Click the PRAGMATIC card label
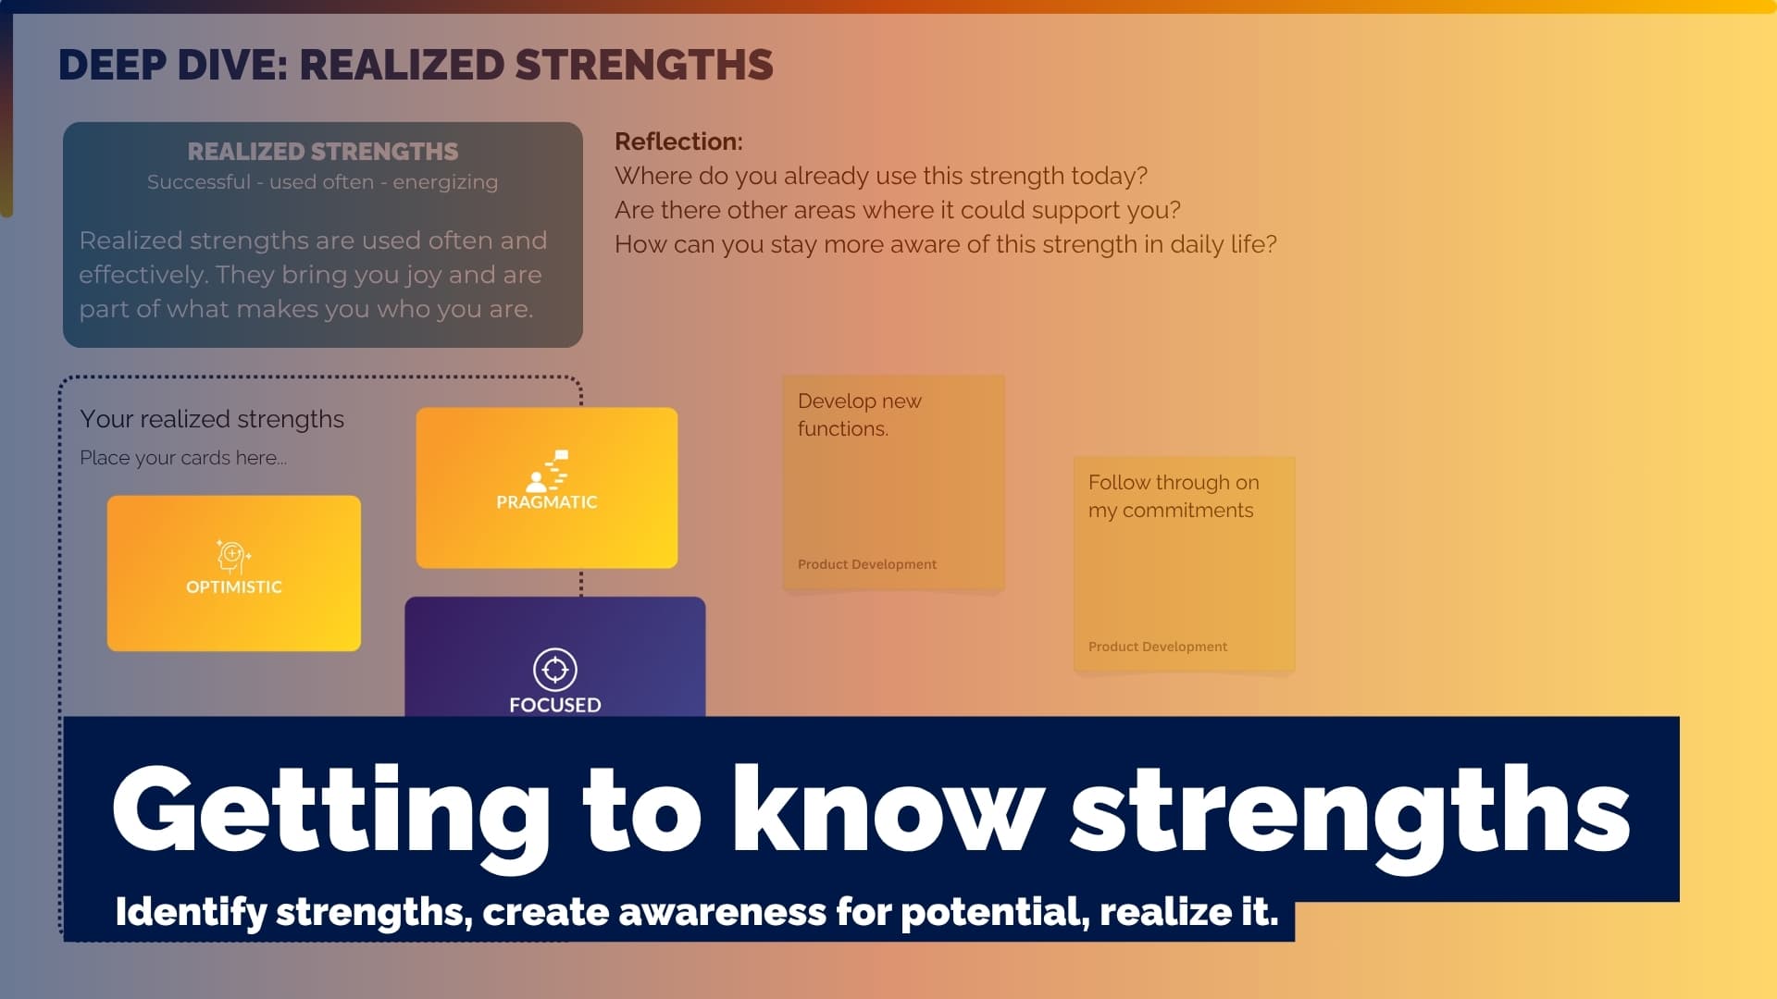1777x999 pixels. pyautogui.click(x=546, y=502)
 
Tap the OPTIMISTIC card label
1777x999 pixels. pyautogui.click(x=233, y=587)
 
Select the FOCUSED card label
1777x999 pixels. pyautogui.click(x=554, y=705)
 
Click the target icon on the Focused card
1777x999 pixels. pyautogui.click(x=555, y=669)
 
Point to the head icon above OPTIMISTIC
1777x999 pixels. pyautogui.click(x=232, y=556)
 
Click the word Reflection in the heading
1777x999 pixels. pyautogui.click(x=677, y=142)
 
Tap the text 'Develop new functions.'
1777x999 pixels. pyautogui.click(x=859, y=415)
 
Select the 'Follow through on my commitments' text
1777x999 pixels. pyautogui.click(x=1173, y=497)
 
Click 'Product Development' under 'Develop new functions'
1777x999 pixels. pyautogui.click(x=866, y=564)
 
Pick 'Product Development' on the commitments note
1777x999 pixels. pyautogui.click(x=1157, y=647)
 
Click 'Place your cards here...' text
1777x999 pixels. pyautogui.click(x=183, y=458)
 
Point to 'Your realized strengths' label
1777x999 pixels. pyautogui.click(x=212, y=419)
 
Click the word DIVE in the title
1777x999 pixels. pyautogui.click(x=231, y=66)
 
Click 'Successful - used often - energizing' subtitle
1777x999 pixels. pyautogui.click(x=322, y=182)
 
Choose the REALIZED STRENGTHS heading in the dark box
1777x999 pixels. pyautogui.click(x=322, y=152)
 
